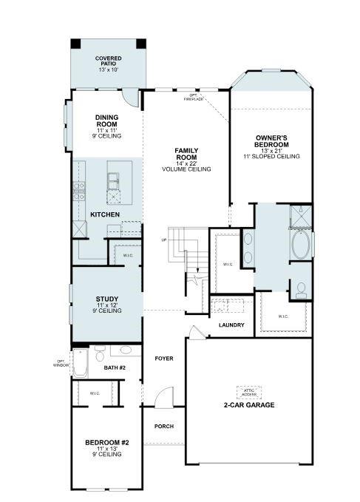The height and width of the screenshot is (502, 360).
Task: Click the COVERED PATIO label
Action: pos(109,64)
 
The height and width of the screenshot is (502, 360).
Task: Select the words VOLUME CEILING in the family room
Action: pos(186,169)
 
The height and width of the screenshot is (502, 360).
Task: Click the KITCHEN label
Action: pos(105,214)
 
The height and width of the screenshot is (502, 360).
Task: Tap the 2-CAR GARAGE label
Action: pos(249,405)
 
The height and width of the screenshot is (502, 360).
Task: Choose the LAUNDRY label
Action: pos(231,325)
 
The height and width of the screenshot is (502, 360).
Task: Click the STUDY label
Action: pos(107,299)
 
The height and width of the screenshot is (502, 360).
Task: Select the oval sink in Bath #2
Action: pos(126,350)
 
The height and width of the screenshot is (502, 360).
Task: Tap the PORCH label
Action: pos(163,427)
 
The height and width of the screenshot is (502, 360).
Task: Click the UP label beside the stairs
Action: pos(163,240)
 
